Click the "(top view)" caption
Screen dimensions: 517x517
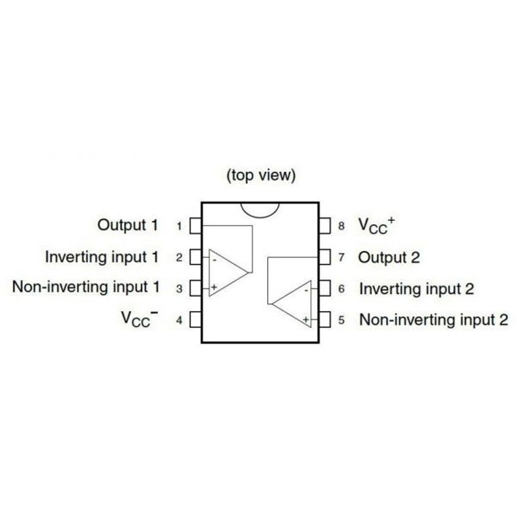(x=261, y=175)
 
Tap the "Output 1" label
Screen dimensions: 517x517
(x=128, y=225)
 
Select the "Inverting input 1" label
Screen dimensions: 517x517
(x=102, y=257)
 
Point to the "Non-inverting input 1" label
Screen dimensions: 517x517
(x=86, y=287)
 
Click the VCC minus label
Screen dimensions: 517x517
(x=139, y=319)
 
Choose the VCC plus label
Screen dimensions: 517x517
(x=376, y=225)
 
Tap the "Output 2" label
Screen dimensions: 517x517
(x=389, y=258)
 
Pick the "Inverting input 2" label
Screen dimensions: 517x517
(x=416, y=289)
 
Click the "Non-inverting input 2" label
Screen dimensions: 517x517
(x=433, y=320)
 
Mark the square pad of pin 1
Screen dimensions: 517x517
(x=196, y=226)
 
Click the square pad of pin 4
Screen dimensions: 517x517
(x=196, y=320)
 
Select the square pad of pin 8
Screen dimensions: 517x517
(x=324, y=226)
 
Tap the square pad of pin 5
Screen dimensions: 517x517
(x=324, y=320)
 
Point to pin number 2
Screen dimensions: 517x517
(x=179, y=258)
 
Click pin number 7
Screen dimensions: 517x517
(x=341, y=258)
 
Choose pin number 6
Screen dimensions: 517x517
(x=341, y=289)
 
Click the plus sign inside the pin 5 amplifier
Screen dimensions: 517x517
(x=305, y=320)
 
